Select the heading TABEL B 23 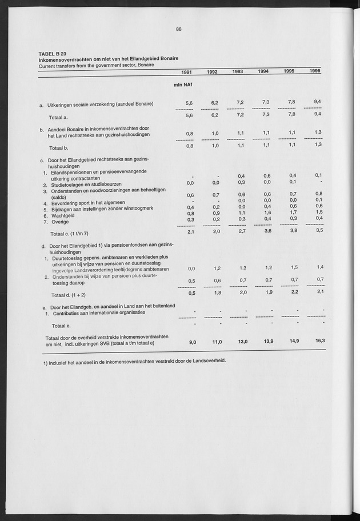tap(52, 53)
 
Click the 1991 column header tap(186, 72)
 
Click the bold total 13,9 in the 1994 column tap(263, 341)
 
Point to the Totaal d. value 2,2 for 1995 tap(293, 292)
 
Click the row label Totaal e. tap(61, 326)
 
